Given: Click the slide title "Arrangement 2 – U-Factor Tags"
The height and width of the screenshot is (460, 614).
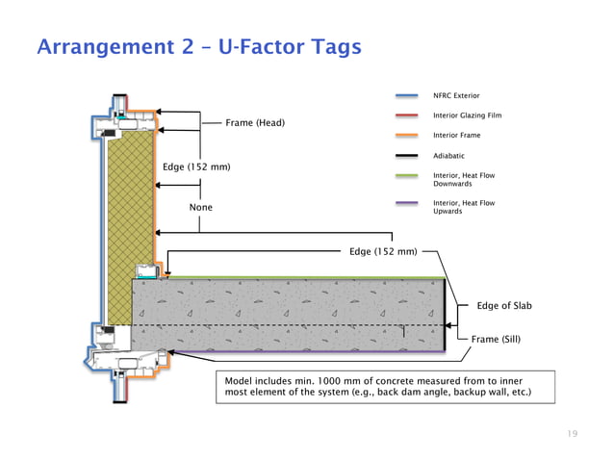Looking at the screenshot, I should pyautogui.click(x=197, y=47).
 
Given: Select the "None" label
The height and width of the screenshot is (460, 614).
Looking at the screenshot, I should pyautogui.click(x=200, y=208).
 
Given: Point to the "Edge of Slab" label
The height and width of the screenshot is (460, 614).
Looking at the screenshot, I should pyautogui.click(x=504, y=306).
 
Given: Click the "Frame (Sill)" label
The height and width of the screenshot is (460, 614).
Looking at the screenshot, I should pyautogui.click(x=498, y=339).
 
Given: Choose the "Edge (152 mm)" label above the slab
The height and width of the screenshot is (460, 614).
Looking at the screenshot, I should pyautogui.click(x=383, y=252).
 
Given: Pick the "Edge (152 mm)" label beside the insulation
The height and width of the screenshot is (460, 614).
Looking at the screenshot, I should pyautogui.click(x=196, y=167).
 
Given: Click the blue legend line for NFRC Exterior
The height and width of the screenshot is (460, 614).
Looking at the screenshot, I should pyautogui.click(x=406, y=96).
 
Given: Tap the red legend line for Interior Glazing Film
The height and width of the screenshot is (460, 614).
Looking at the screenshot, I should pyautogui.click(x=406, y=115).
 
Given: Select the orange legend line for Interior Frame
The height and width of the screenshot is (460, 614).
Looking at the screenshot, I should pyautogui.click(x=406, y=136).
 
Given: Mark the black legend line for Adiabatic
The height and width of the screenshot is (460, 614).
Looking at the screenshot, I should pyautogui.click(x=406, y=155).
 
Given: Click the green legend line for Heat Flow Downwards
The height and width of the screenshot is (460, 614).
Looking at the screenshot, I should pyautogui.click(x=406, y=175).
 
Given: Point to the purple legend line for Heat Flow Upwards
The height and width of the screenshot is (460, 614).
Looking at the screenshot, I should pyautogui.click(x=406, y=203).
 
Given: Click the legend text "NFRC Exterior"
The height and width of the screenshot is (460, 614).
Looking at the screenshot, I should pyautogui.click(x=456, y=96).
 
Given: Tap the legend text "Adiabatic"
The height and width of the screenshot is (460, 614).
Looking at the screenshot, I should pyautogui.click(x=449, y=155).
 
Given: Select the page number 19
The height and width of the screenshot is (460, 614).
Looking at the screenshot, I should pyautogui.click(x=573, y=434).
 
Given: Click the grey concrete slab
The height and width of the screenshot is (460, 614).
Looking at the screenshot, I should pyautogui.click(x=289, y=313).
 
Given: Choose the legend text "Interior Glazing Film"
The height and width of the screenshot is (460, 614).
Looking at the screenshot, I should pyautogui.click(x=468, y=115).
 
